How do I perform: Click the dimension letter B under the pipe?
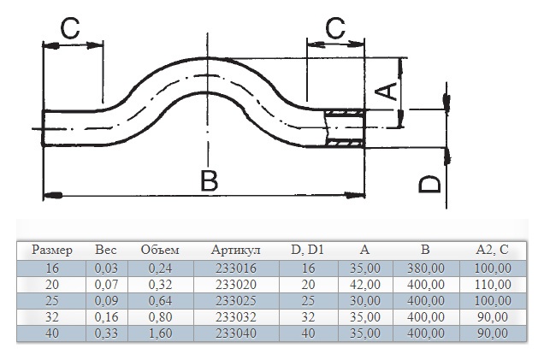click(209, 180)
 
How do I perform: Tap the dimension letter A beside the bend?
click(386, 91)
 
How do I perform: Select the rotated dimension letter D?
click(429, 184)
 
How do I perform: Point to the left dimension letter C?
click(70, 27)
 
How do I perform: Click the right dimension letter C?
click(335, 27)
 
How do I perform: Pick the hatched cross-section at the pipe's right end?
click(345, 128)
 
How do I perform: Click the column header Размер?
click(52, 250)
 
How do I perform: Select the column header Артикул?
click(235, 250)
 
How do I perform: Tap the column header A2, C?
click(492, 250)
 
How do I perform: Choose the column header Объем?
click(160, 250)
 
